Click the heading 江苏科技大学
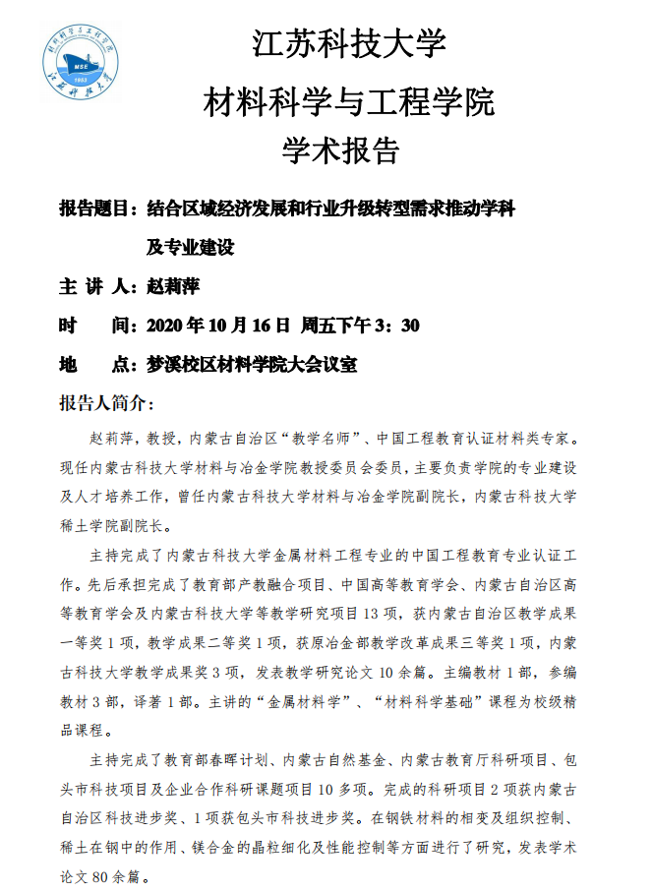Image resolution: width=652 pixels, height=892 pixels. [350, 44]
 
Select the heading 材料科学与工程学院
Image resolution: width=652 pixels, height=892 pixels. [349, 99]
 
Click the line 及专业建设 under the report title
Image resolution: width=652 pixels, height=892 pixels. [190, 247]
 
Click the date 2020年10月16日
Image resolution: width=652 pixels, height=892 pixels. [217, 326]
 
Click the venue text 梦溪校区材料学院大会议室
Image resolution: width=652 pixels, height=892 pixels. [250, 365]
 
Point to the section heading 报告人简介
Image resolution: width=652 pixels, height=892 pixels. [105, 403]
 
